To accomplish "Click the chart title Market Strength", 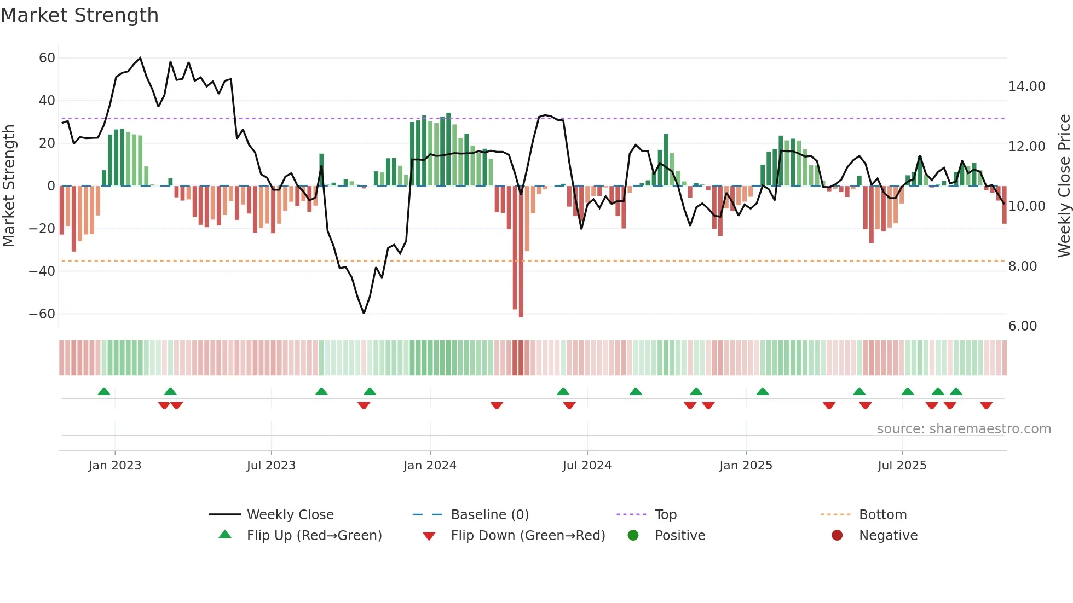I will coord(79,15).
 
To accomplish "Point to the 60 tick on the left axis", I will coord(47,58).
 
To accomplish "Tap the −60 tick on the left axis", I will coord(42,314).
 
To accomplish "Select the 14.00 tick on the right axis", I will coord(1026,86).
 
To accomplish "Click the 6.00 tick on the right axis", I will coord(1022,326).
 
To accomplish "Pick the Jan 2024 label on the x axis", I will coord(430,466).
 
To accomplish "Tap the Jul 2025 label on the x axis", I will coord(902,466).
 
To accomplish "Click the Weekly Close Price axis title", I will coord(1064,186).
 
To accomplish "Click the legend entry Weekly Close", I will coord(290,515).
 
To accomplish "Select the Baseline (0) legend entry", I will coord(489,515).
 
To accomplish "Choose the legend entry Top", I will coord(665,515).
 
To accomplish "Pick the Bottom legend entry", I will coord(882,515).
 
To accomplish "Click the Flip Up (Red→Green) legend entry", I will coord(314,536).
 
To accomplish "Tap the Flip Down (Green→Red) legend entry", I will coord(527,536).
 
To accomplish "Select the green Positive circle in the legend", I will coord(633,536).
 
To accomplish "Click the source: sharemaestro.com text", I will coord(964,429).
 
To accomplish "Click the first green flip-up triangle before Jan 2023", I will coord(104,391).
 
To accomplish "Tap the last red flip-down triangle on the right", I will coord(987,405).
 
